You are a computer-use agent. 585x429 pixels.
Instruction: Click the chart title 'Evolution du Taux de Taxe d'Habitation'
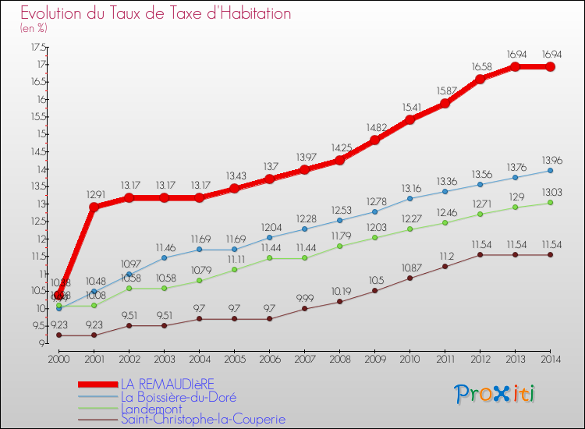tap(156, 13)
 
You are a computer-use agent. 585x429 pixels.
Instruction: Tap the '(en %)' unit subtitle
tap(34, 28)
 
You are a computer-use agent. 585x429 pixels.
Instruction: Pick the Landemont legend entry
tap(153, 407)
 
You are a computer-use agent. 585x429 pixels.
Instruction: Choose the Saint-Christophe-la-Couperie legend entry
tap(203, 419)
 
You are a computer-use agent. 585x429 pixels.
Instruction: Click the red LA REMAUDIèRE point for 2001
tap(94, 207)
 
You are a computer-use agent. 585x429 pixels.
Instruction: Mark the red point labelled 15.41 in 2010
tap(409, 119)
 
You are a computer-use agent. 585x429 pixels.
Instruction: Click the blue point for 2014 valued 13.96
tap(550, 170)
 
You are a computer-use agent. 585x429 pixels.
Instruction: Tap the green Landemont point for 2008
tap(339, 246)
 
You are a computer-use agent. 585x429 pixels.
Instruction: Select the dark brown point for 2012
tap(480, 254)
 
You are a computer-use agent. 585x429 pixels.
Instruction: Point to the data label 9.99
tap(306, 298)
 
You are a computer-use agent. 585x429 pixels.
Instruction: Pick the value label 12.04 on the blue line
tap(270, 227)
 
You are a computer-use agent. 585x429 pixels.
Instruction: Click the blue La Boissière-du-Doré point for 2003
tap(164, 257)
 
